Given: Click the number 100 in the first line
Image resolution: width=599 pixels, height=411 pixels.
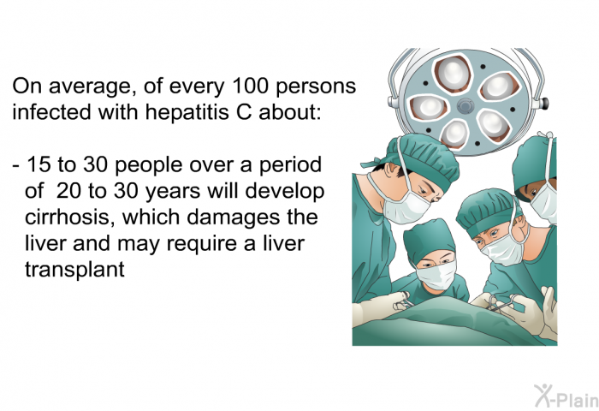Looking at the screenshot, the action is pyautogui.click(x=250, y=86).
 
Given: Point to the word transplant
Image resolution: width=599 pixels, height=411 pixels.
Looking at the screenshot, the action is pyautogui.click(x=75, y=270).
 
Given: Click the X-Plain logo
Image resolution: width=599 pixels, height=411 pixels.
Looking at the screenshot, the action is pyautogui.click(x=566, y=396).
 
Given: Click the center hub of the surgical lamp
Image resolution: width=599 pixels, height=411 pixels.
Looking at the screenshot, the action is pyautogui.click(x=466, y=106).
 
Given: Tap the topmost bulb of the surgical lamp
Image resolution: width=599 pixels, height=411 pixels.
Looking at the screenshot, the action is pyautogui.click(x=453, y=73).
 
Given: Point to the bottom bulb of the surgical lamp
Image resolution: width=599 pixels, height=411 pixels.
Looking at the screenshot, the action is pyautogui.click(x=455, y=132).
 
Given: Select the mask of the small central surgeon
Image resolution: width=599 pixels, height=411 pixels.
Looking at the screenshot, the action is pyautogui.click(x=436, y=274).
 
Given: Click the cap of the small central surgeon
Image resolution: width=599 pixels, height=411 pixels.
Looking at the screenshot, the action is pyautogui.click(x=428, y=240).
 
